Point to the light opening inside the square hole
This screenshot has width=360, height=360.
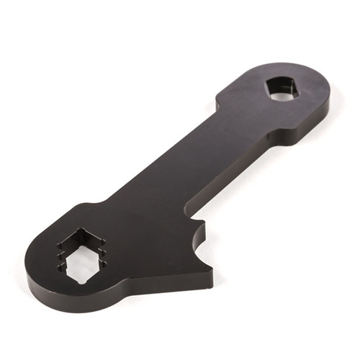pos(283,93)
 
